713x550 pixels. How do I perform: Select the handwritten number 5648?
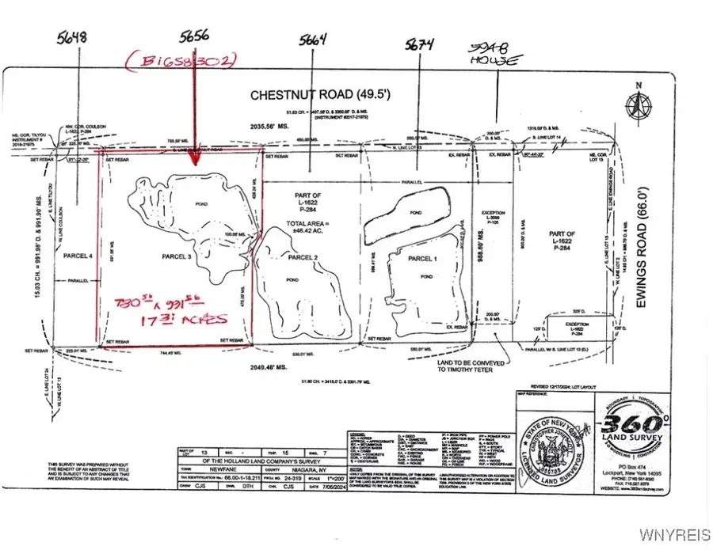pyautogui.click(x=72, y=36)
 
